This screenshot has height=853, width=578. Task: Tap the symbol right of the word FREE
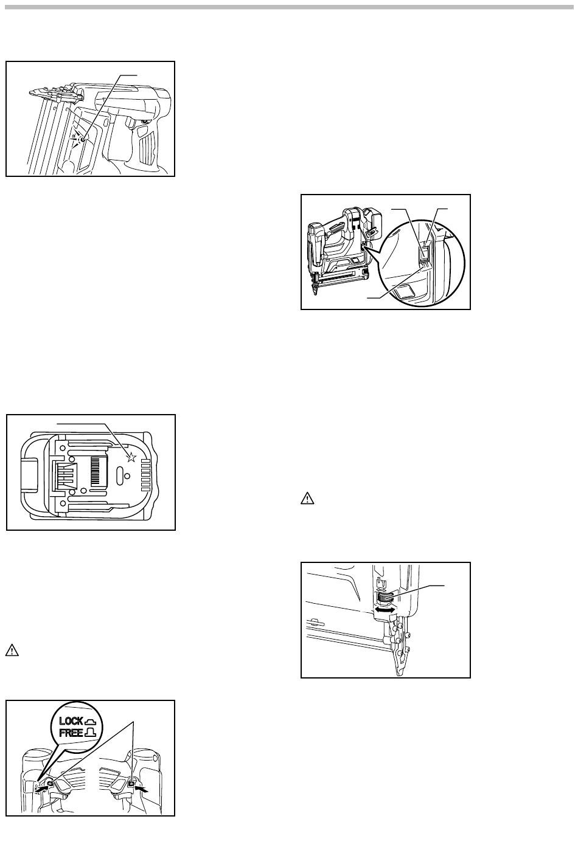pos(96,733)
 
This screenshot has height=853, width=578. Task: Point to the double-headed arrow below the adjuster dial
pos(384,608)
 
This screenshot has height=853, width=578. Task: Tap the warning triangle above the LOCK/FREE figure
pos(13,651)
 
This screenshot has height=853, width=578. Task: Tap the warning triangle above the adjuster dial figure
pos(308,499)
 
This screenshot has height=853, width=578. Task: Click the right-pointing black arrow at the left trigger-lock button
pos(40,786)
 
